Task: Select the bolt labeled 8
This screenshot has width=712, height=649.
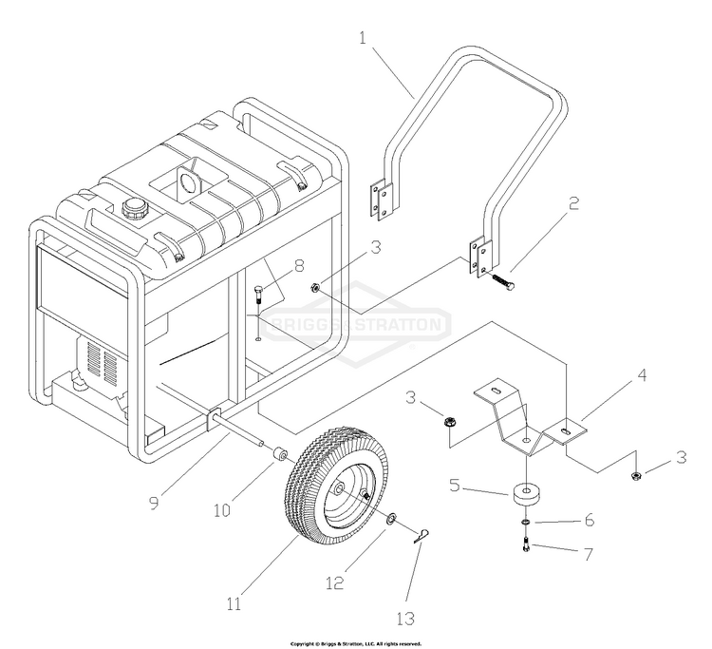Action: point(259,305)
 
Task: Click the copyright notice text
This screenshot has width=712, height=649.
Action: point(355,643)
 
